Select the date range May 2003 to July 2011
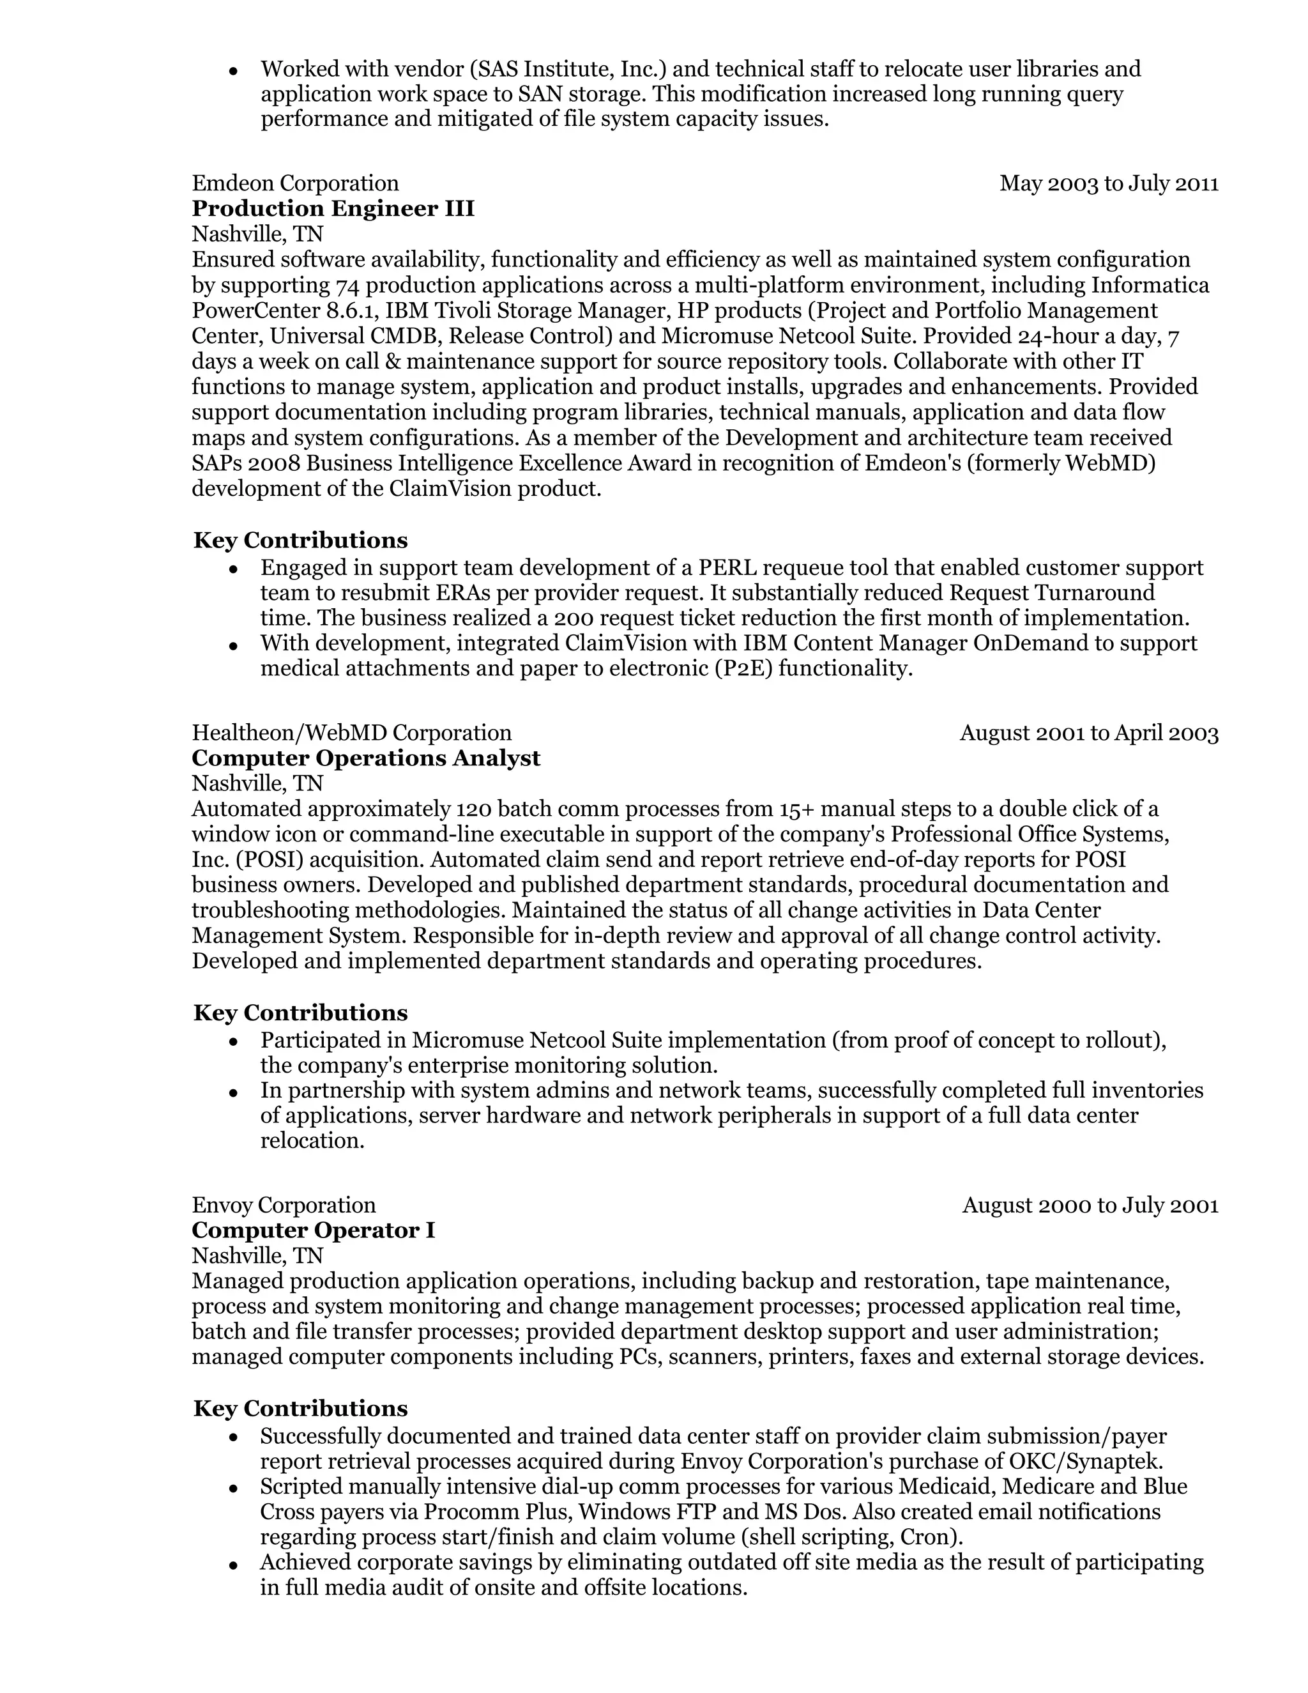click(1109, 184)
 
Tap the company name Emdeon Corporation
click(295, 184)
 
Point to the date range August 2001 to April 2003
click(1089, 733)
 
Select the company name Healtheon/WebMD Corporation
click(352, 733)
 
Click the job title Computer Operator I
click(313, 1230)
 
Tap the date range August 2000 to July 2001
click(1090, 1206)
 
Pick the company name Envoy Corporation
click(284, 1206)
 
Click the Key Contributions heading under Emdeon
click(300, 540)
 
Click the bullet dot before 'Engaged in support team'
click(233, 570)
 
